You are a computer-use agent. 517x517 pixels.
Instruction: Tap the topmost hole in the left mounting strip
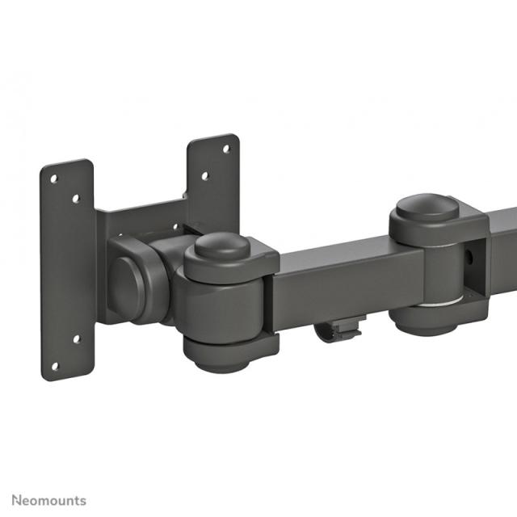(x=53, y=178)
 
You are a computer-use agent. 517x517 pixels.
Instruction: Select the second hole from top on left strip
(x=75, y=197)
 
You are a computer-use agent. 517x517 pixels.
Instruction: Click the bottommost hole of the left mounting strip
(x=54, y=365)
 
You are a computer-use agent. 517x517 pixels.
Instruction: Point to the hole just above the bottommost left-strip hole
(x=77, y=338)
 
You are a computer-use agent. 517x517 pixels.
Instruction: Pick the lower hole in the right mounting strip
(x=204, y=174)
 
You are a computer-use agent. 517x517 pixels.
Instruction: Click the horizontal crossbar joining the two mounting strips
(x=141, y=218)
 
